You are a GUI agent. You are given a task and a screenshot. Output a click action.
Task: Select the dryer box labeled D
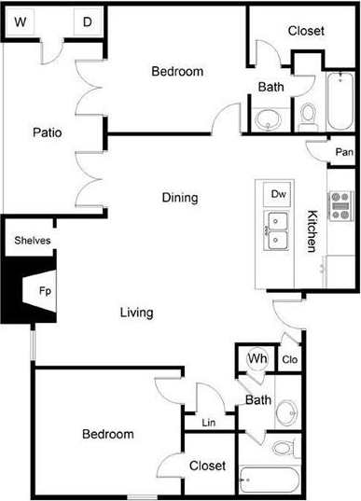(x=87, y=21)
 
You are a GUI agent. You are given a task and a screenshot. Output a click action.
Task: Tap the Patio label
(x=46, y=132)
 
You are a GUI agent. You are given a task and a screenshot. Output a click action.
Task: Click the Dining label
(x=179, y=198)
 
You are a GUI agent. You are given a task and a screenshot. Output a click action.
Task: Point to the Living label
(x=136, y=313)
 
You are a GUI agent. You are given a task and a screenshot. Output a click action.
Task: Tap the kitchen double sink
(x=277, y=231)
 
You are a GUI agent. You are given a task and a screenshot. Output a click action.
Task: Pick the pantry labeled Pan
(x=343, y=152)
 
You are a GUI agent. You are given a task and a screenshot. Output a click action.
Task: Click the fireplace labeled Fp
(x=44, y=290)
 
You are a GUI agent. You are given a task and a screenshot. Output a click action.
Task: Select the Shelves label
(x=33, y=241)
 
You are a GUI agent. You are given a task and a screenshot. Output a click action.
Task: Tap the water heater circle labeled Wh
(x=256, y=357)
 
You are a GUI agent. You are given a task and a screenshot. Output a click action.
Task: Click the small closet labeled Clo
(x=289, y=360)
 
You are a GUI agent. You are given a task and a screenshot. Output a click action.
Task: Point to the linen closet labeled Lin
(x=208, y=424)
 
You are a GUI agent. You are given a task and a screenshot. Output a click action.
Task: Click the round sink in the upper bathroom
(x=269, y=119)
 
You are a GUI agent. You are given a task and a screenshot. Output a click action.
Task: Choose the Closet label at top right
(x=305, y=31)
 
